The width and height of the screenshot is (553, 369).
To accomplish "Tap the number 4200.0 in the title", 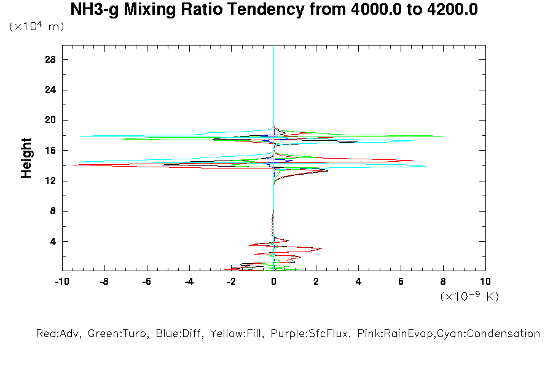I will click(x=447, y=10).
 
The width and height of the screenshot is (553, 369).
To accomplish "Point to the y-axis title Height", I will click(x=26, y=158).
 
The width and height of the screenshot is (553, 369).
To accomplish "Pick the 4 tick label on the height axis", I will click(x=53, y=241).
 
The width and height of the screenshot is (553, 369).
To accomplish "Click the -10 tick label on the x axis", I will click(x=61, y=282).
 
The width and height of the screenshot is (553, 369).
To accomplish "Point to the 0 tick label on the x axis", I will click(x=273, y=282).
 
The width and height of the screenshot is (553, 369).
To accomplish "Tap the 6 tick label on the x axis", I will click(x=401, y=282).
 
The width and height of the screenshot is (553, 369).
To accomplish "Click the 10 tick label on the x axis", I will click(x=485, y=282).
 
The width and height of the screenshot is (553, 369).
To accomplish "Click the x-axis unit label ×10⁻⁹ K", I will click(x=469, y=296).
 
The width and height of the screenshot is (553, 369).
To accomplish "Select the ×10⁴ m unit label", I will click(x=36, y=26).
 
